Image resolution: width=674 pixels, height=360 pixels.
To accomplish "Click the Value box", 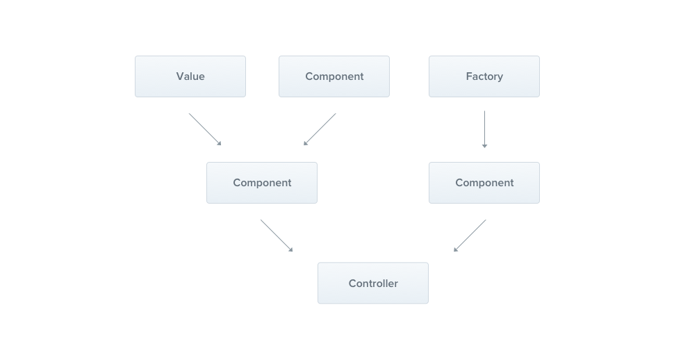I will (190, 76).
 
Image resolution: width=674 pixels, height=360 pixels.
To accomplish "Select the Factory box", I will (484, 76).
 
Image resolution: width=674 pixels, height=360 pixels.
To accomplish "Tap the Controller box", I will (372, 283).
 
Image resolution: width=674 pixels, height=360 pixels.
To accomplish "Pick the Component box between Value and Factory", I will (334, 76).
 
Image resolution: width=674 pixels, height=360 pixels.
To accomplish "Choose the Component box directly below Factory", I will (484, 183).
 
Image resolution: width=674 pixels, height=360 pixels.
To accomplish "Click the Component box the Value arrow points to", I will (261, 183).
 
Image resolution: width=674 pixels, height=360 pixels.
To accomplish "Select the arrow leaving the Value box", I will (205, 129).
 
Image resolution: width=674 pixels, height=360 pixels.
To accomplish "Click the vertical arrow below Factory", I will (484, 129).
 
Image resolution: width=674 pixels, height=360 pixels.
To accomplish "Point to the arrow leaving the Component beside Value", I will (320, 129).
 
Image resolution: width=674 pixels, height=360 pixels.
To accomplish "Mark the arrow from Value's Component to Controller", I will (277, 236).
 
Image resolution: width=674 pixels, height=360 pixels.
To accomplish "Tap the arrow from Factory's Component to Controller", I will (470, 236).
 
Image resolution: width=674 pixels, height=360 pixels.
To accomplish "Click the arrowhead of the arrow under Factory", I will (484, 146).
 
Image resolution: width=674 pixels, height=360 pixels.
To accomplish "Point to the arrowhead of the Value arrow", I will (220, 144).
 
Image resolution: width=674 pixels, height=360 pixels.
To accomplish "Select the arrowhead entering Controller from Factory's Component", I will (455, 249).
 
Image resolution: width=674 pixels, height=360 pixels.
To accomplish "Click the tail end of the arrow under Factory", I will (484, 113).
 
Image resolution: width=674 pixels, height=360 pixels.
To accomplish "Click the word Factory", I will (484, 76).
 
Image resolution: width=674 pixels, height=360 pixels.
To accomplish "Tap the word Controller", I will (373, 284).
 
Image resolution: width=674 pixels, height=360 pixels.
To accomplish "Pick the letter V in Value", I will (179, 76).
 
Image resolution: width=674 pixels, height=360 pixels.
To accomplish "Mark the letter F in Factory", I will (468, 76).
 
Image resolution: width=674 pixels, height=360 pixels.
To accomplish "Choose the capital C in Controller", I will (352, 284).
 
